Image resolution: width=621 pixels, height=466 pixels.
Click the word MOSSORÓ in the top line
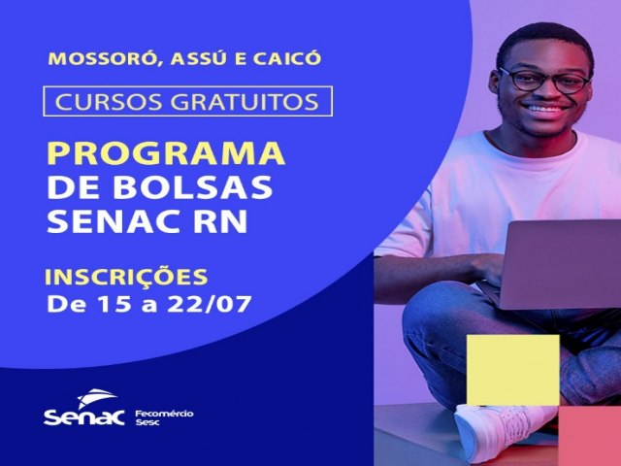(x=102, y=58)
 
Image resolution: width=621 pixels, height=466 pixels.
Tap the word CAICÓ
(x=287, y=57)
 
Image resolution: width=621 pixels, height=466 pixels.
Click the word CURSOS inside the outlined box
(x=109, y=101)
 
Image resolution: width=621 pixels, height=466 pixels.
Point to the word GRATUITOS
(x=245, y=101)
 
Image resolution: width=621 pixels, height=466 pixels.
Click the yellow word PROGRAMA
(x=166, y=153)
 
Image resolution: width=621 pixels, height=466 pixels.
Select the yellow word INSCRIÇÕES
(x=126, y=276)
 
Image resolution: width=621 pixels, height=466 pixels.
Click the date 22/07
(x=210, y=304)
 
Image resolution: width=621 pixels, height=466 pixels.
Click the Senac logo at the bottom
(x=84, y=408)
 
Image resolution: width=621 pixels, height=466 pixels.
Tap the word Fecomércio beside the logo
(x=164, y=414)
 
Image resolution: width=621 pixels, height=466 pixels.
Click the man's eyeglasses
(x=544, y=81)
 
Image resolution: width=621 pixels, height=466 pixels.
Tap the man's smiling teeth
(x=545, y=108)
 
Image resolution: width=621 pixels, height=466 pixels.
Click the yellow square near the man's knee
(x=513, y=370)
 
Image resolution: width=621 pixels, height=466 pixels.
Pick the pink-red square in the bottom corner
(x=590, y=436)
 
